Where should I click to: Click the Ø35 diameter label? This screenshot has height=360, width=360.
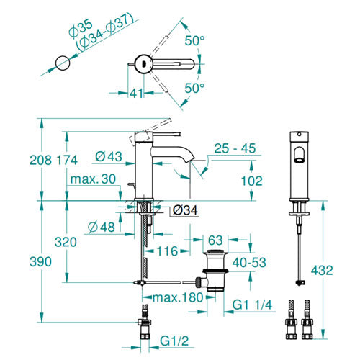tap(80, 29)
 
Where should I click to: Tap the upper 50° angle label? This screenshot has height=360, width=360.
tap(194, 40)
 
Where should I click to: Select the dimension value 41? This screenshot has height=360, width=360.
tap(137, 93)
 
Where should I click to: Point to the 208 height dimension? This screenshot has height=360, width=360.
tap(40, 160)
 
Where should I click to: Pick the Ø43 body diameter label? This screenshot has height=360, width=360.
tap(109, 156)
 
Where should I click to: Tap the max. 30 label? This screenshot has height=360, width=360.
tap(93, 179)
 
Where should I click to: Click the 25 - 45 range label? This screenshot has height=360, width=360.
tap(235, 148)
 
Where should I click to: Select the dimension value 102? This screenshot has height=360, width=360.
tap(252, 181)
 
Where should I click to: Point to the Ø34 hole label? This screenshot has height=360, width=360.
tap(185, 210)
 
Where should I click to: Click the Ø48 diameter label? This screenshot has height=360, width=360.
tap(102, 227)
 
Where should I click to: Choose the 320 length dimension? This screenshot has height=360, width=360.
tap(66, 242)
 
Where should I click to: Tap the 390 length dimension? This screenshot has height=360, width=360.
tap(40, 261)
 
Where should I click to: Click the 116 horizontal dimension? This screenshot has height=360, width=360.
tap(168, 251)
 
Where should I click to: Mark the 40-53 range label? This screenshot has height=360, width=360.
tap(249, 263)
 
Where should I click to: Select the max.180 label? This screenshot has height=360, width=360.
tap(178, 297)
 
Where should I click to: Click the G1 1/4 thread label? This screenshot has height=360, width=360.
tap(252, 305)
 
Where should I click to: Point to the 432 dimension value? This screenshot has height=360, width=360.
tap(322, 271)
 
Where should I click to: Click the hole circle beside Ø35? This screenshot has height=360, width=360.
tap(63, 63)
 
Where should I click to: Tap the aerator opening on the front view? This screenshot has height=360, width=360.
tap(299, 161)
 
